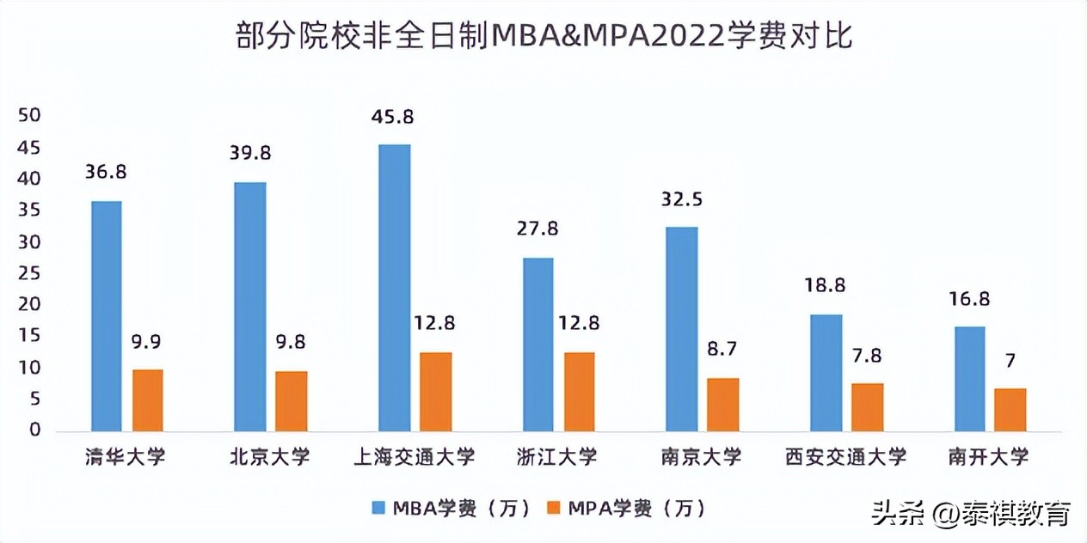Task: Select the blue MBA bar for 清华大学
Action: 107,316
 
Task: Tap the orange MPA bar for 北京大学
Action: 291,401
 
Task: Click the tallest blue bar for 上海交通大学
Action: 395,288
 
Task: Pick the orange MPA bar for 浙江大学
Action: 579,392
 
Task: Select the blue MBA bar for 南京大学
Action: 682,329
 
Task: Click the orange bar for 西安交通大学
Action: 867,407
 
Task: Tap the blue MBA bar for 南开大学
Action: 970,379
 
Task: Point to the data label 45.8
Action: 394,115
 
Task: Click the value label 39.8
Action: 250,153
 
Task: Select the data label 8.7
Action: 722,349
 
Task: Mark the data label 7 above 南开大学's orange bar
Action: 1010,360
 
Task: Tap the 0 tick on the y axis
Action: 35,430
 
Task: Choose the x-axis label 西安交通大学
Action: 846,456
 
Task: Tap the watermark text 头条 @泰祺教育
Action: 971,514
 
